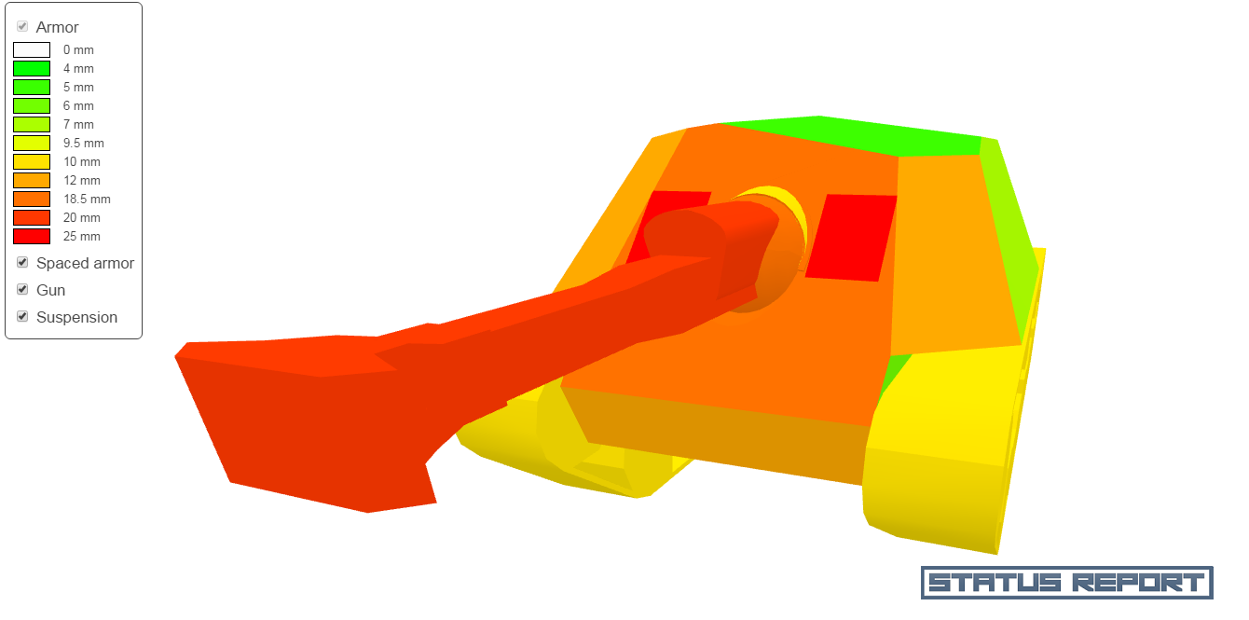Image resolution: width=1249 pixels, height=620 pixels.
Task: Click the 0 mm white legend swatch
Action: [x=32, y=50]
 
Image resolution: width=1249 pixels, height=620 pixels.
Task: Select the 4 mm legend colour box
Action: [x=32, y=69]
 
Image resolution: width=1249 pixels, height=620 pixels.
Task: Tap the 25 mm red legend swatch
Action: [x=32, y=237]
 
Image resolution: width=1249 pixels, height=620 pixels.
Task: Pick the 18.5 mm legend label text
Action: [x=87, y=199]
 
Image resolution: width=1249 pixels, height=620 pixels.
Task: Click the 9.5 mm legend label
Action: [x=84, y=144]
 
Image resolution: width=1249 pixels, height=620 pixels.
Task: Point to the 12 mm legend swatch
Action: [x=32, y=181]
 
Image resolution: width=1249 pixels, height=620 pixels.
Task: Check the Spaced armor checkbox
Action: [x=22, y=262]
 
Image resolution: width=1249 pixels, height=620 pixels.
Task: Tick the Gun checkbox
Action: [x=22, y=289]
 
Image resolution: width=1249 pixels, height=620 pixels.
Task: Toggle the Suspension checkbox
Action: [x=22, y=316]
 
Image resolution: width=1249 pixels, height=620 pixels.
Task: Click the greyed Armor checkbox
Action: [x=22, y=26]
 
